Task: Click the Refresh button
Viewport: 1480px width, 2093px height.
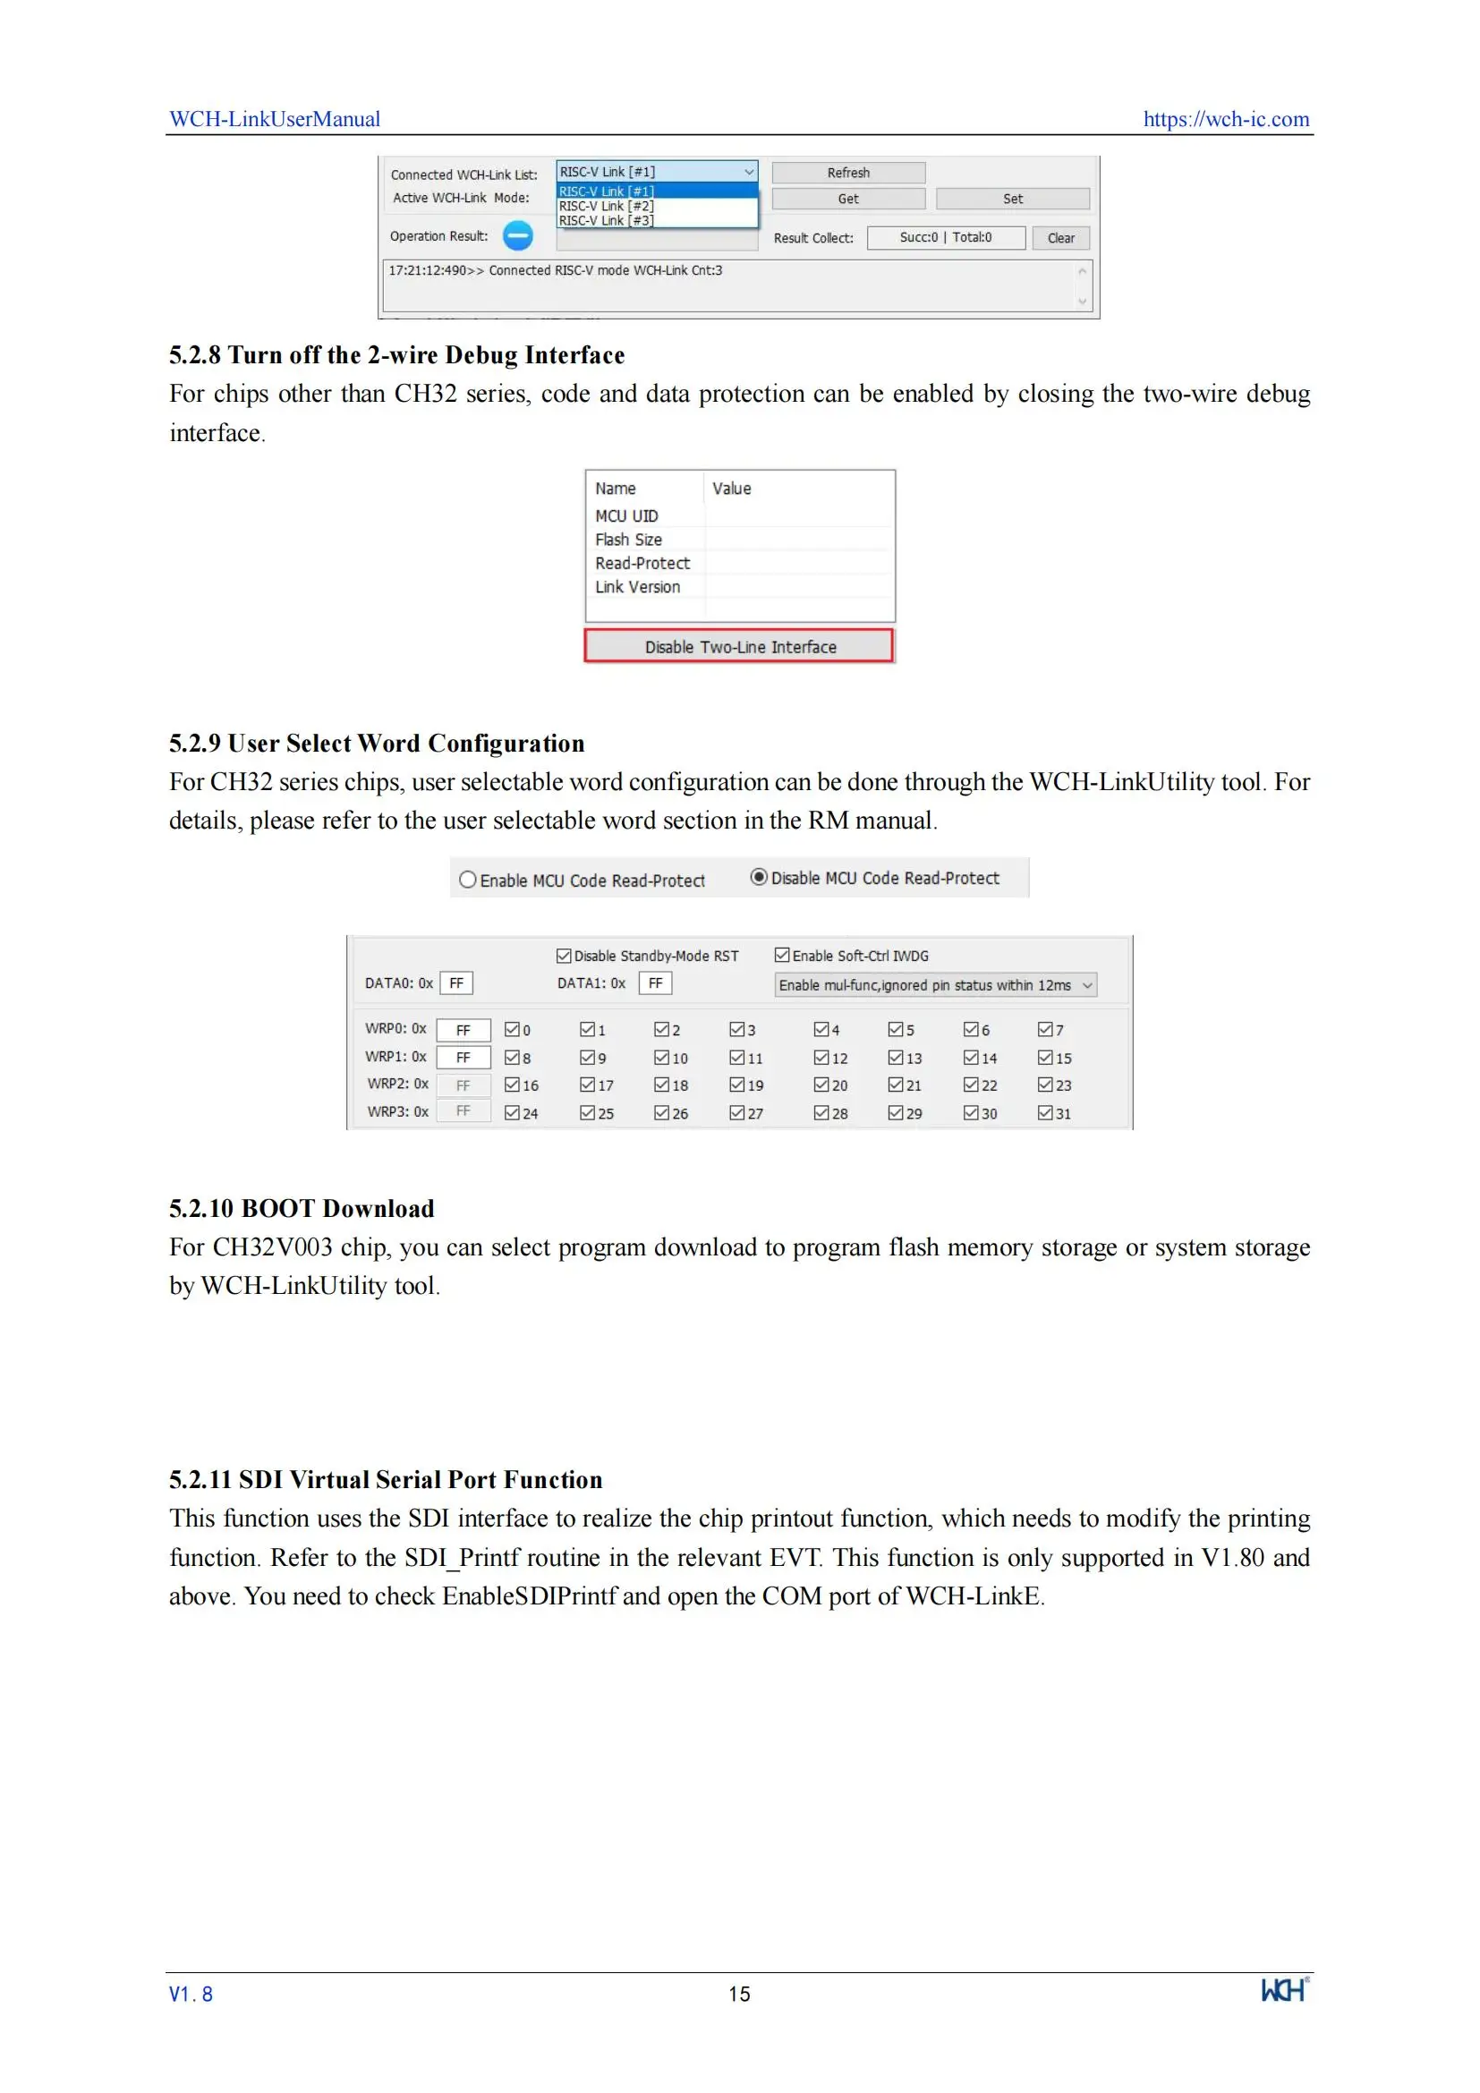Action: [847, 173]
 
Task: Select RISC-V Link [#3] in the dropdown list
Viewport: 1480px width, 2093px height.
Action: [607, 221]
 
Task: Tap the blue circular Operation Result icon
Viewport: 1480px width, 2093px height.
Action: [517, 236]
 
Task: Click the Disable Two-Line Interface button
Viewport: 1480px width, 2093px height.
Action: [739, 646]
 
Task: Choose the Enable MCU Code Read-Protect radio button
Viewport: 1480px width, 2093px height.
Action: [468, 880]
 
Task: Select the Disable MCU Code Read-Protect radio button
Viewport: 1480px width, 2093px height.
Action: [758, 877]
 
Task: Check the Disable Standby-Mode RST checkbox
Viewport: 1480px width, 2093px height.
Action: [564, 956]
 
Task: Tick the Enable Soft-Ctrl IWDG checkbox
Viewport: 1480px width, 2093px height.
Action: [782, 955]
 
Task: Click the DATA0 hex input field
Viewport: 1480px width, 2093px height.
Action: [456, 983]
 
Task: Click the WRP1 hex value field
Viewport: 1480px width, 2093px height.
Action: [463, 1058]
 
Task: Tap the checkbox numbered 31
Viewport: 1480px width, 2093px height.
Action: [1045, 1113]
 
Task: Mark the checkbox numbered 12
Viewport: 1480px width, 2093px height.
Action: [822, 1058]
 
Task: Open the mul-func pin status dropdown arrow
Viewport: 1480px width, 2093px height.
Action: [1086, 984]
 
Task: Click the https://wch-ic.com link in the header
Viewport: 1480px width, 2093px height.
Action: [1226, 119]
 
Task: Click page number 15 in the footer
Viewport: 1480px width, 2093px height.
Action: [739, 1994]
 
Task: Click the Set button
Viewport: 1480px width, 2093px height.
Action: [1013, 199]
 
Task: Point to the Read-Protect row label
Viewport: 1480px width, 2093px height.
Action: [642, 564]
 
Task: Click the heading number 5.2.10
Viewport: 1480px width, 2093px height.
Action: [201, 1209]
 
